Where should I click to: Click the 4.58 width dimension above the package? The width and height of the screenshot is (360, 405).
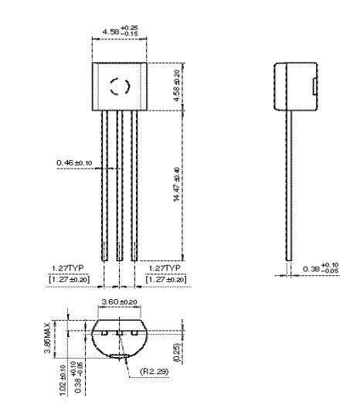(118, 32)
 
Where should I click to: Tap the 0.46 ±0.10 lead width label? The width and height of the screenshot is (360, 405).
(74, 162)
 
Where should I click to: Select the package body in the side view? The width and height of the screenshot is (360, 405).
(296, 83)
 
